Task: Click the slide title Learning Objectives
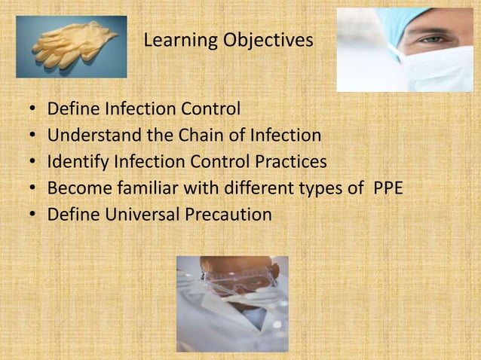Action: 228,40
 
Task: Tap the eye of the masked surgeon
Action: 432,38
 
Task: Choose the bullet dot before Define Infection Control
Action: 32,110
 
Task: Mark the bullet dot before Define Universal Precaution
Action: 32,215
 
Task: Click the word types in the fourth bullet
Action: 320,188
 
